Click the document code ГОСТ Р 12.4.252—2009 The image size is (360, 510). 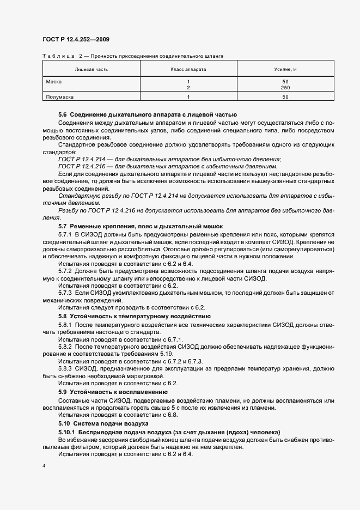coord(76,39)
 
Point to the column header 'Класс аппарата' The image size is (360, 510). coord(188,69)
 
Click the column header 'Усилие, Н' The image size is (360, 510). coord(285,69)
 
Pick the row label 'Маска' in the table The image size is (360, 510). coord(53,81)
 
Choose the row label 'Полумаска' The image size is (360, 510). coord(59,97)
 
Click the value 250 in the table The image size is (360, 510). coord(285,87)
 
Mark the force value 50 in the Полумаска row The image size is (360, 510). coord(285,97)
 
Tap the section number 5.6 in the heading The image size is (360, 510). coord(62,115)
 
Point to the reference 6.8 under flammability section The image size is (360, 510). coord(172,415)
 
